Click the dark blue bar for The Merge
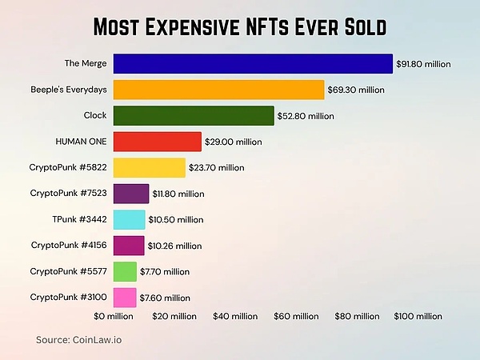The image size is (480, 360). pyautogui.click(x=253, y=64)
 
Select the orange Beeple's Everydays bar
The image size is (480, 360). pyautogui.click(x=218, y=90)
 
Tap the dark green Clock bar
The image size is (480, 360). pyautogui.click(x=194, y=115)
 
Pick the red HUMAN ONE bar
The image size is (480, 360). pyautogui.click(x=157, y=142)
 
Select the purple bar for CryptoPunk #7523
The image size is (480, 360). pyautogui.click(x=131, y=193)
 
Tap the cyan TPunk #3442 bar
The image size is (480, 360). pyautogui.click(x=129, y=219)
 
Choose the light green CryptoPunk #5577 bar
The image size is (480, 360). pyautogui.click(x=125, y=271)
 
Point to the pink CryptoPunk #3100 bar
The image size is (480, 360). pyautogui.click(x=125, y=297)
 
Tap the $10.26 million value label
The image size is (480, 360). pyautogui.click(x=174, y=246)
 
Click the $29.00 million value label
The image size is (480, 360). pyautogui.click(x=233, y=142)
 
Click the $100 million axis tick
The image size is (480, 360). pyautogui.click(x=417, y=317)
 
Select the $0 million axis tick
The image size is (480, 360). pyautogui.click(x=114, y=317)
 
